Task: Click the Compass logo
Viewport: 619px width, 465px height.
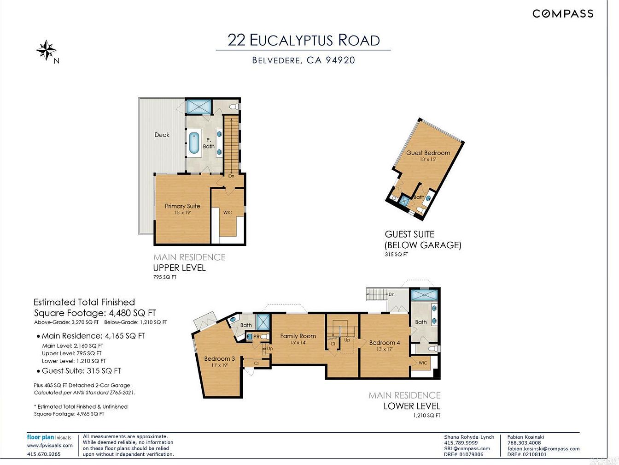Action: pyautogui.click(x=563, y=13)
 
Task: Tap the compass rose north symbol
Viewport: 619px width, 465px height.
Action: pyautogui.click(x=46, y=50)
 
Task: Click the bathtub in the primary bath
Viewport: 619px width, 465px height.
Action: pyautogui.click(x=194, y=143)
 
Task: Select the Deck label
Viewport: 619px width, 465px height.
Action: pyautogui.click(x=162, y=135)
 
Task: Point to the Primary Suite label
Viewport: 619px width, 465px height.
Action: pyautogui.click(x=182, y=206)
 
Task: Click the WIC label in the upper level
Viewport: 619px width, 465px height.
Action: pyautogui.click(x=228, y=212)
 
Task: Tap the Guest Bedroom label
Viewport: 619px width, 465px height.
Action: pyautogui.click(x=428, y=153)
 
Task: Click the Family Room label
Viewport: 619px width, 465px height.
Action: pyautogui.click(x=298, y=336)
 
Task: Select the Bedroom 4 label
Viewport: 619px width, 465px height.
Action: pyautogui.click(x=385, y=343)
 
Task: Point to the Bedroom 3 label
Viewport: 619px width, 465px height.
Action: pyautogui.click(x=219, y=358)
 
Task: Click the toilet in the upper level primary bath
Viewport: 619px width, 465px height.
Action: pyautogui.click(x=234, y=107)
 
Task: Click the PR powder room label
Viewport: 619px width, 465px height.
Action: pyautogui.click(x=257, y=337)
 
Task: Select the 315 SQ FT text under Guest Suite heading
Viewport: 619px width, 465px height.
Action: pyautogui.click(x=397, y=254)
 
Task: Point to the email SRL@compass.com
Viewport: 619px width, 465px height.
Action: pyautogui.click(x=467, y=448)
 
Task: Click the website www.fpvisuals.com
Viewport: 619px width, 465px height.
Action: pyautogui.click(x=50, y=446)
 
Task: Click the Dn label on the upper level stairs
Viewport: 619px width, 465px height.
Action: pyautogui.click(x=231, y=176)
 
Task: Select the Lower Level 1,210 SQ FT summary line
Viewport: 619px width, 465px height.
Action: pyautogui.click(x=74, y=361)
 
